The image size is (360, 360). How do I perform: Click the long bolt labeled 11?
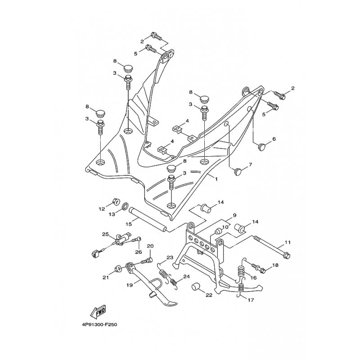pos(272,247)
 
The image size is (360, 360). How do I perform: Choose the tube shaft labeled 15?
pos(148,220)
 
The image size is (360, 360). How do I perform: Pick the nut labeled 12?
pos(116,202)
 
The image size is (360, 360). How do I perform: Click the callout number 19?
pos(130,285)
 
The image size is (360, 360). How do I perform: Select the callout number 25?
pos(105,234)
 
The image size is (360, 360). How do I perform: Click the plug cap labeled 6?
pos(262,146)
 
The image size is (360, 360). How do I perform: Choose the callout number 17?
pos(251,300)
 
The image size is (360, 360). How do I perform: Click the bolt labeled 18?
pos(258,268)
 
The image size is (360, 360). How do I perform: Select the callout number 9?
pos(234,216)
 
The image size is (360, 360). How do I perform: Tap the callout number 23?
pos(170,257)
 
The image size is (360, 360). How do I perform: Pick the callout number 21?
pos(106,278)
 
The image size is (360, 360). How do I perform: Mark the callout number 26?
pos(139,252)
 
